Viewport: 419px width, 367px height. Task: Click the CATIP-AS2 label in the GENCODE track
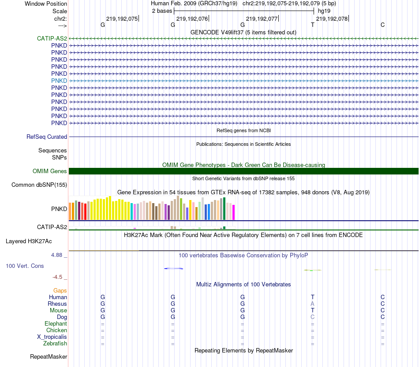tap(52, 38)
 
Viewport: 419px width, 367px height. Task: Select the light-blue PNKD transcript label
tap(59, 81)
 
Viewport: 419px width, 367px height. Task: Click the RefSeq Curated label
tap(47, 137)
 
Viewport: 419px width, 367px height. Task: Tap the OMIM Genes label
tap(50, 171)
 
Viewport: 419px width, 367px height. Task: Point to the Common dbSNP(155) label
tap(39, 185)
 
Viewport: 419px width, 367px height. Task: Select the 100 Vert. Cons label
tap(25, 266)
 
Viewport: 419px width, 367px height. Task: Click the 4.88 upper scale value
tap(58, 255)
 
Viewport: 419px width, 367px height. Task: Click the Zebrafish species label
tap(55, 344)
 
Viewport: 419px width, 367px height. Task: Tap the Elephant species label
tap(56, 324)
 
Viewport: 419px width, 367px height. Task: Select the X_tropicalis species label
tap(52, 337)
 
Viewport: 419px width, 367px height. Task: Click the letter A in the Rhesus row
tap(312, 304)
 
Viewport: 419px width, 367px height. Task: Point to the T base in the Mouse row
tap(312, 311)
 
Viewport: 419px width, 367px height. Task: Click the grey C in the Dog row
tap(312, 317)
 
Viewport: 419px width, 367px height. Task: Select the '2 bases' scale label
tap(162, 11)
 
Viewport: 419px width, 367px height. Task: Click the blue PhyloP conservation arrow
tap(173, 268)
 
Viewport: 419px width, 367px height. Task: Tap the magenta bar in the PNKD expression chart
tap(234, 212)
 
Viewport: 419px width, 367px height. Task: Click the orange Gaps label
tap(60, 291)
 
